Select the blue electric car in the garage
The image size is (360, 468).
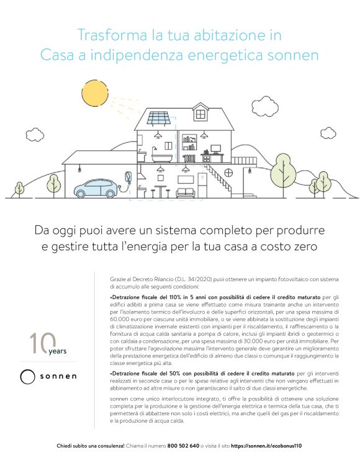99,188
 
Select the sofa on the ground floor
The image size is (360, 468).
186,192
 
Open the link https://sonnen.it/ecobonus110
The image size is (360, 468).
266,446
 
